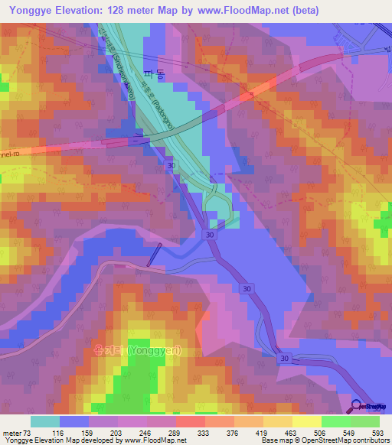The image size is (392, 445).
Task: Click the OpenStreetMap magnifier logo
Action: (358, 407)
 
